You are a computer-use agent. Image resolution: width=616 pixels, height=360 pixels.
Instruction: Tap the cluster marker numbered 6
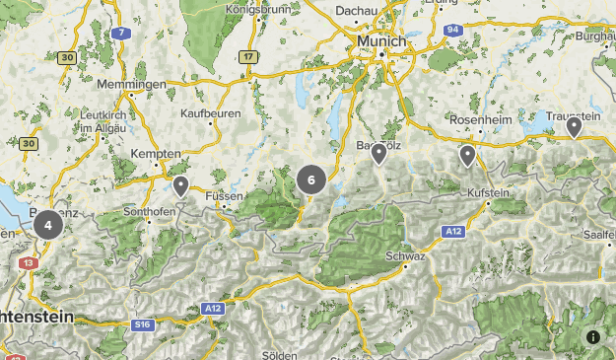coord(311,180)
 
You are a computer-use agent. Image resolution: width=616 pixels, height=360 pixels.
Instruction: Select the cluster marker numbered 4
coord(47,225)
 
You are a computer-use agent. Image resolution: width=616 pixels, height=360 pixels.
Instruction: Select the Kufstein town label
coord(489,192)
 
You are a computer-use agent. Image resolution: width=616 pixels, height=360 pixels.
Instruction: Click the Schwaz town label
coord(405,255)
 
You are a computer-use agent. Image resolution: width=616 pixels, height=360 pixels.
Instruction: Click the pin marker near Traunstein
coord(573,126)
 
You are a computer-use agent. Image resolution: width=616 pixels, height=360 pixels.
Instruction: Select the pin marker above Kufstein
coord(467,155)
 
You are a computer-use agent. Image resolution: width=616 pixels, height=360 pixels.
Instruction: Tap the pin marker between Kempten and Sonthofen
coord(180,185)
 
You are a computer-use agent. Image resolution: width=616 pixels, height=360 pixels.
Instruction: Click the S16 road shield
coord(144,324)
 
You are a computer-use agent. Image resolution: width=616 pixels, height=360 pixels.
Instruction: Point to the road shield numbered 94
coord(453,31)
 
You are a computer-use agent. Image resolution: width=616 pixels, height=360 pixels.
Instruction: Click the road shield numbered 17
coord(248,56)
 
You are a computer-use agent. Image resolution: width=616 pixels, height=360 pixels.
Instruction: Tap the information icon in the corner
coord(593,337)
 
